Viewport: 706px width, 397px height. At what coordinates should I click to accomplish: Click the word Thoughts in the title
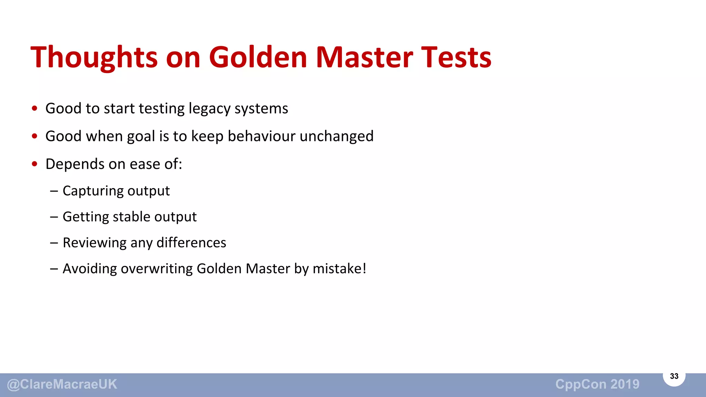pos(94,58)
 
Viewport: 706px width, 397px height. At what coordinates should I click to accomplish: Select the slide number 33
pos(674,376)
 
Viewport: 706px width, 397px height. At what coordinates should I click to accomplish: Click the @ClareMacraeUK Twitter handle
pos(62,384)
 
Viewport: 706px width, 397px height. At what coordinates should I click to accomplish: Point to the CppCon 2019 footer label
pos(597,384)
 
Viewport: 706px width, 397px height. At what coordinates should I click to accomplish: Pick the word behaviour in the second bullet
pos(262,136)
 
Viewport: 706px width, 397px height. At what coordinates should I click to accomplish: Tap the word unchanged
pos(336,136)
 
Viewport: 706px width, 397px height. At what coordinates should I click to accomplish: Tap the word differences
pos(191,243)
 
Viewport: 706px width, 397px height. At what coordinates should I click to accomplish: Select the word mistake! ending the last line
pos(339,269)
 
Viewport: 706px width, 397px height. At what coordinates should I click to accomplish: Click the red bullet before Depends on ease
pos(34,164)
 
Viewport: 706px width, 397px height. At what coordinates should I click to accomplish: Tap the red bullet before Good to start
pos(34,109)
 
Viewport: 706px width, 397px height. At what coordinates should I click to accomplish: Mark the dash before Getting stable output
pos(54,217)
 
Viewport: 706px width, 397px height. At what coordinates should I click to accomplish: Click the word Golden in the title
pos(258,57)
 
